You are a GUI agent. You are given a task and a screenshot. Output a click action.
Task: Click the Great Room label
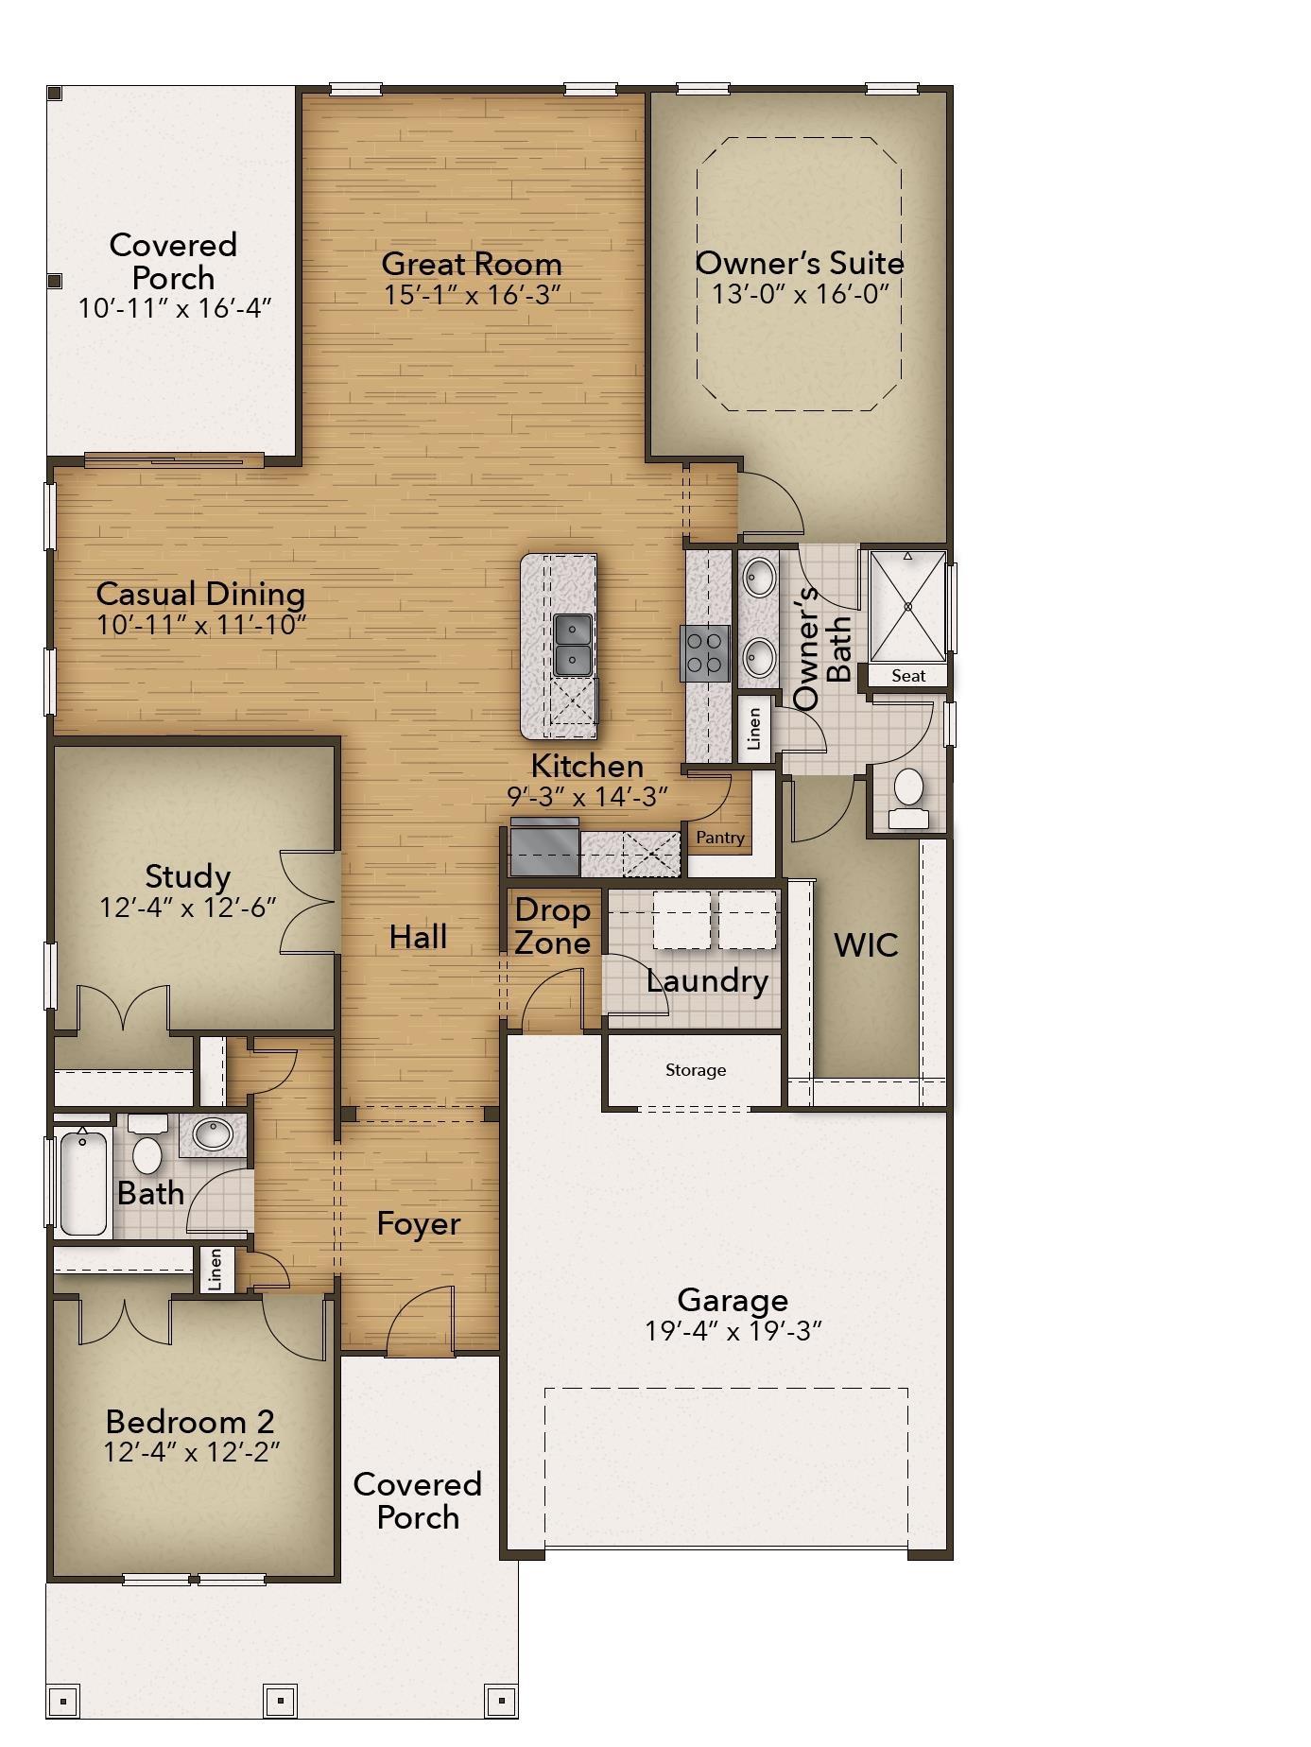pyautogui.click(x=471, y=263)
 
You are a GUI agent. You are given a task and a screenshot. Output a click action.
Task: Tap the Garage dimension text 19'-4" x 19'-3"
pyautogui.click(x=733, y=1331)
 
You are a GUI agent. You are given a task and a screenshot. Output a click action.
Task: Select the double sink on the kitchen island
pyautogui.click(x=573, y=645)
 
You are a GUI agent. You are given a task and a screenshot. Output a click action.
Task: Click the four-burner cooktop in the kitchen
pyautogui.click(x=705, y=653)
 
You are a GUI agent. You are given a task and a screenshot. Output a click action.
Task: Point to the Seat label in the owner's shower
pyautogui.click(x=907, y=676)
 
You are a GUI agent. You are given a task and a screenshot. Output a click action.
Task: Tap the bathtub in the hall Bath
pyautogui.click(x=83, y=1182)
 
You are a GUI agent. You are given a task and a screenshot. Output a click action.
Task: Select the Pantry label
pyautogui.click(x=720, y=838)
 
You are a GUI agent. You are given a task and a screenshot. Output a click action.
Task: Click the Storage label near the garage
pyautogui.click(x=696, y=1070)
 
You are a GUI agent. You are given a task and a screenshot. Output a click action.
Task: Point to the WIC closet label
pyautogui.click(x=866, y=944)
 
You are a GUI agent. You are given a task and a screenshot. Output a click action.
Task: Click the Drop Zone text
pyautogui.click(x=553, y=926)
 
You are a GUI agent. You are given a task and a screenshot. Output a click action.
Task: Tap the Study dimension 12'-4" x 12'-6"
pyautogui.click(x=188, y=908)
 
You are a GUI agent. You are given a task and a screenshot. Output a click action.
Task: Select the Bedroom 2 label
pyautogui.click(x=190, y=1421)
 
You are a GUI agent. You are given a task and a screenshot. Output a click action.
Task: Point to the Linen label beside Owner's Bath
pyautogui.click(x=754, y=729)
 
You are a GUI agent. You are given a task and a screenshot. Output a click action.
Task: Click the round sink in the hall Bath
pyautogui.click(x=213, y=1134)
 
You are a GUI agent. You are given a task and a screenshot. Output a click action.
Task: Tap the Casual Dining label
pyautogui.click(x=200, y=594)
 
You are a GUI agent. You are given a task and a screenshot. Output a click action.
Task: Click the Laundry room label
pyautogui.click(x=707, y=981)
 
